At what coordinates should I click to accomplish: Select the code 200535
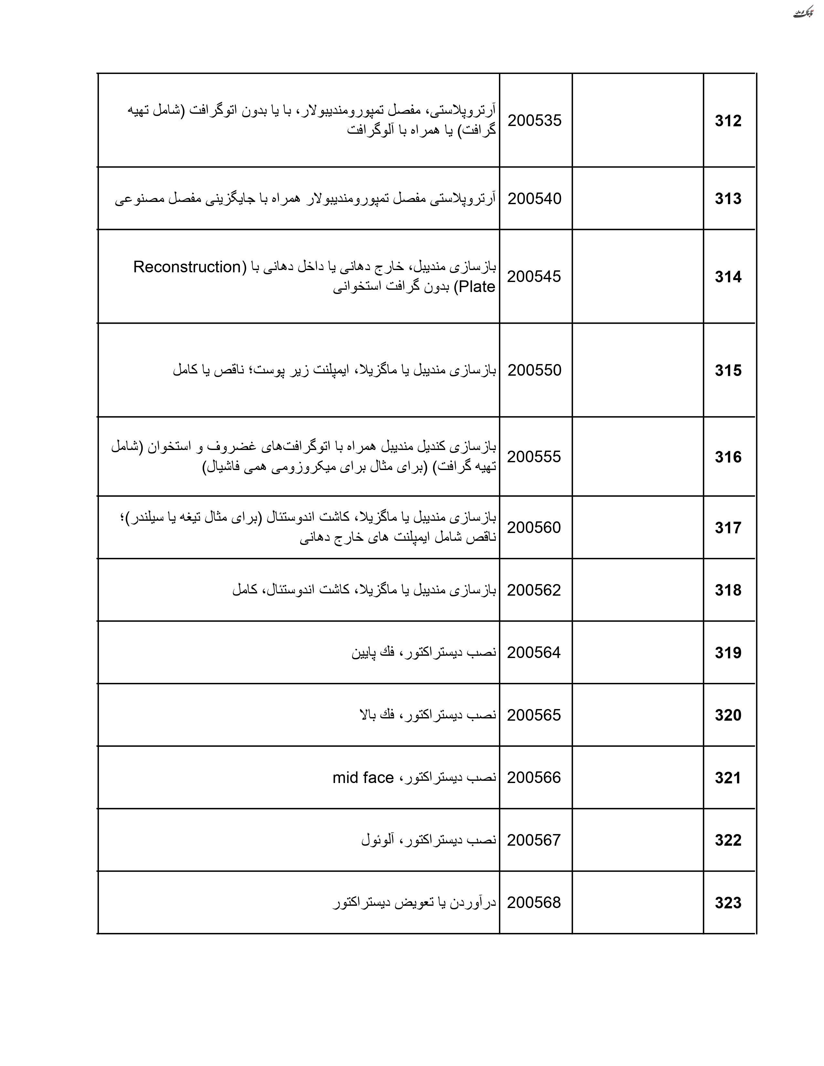534,120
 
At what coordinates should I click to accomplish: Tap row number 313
728,199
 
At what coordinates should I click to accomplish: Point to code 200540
534,199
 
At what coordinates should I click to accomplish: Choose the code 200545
534,277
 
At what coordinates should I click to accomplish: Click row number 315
728,371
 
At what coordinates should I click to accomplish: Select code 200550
534,370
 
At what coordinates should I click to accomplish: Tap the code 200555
534,457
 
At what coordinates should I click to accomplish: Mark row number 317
728,528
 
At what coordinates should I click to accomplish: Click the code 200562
534,590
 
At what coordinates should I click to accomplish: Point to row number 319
728,653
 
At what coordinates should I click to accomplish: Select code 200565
534,715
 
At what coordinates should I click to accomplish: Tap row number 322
728,840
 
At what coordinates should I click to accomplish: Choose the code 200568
534,903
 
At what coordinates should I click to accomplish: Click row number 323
728,903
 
